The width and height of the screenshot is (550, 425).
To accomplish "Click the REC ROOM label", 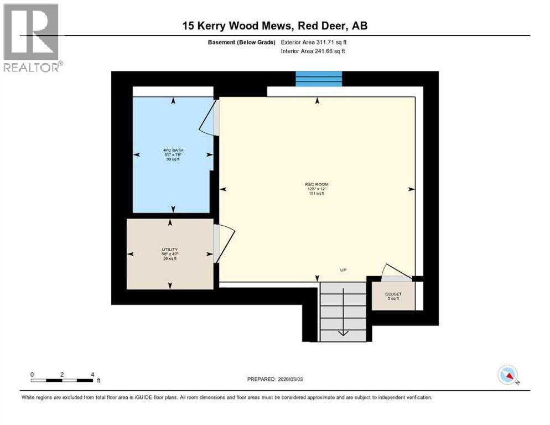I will [316, 184].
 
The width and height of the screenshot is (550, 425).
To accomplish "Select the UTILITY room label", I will [169, 250].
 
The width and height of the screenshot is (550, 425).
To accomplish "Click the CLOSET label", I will [393, 294].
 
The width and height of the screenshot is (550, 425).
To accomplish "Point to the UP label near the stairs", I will [344, 269].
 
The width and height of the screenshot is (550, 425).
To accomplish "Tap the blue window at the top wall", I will [318, 79].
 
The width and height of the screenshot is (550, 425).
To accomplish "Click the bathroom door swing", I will [208, 117].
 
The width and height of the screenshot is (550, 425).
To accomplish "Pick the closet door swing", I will [396, 271].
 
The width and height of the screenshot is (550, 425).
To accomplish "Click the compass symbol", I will [507, 375].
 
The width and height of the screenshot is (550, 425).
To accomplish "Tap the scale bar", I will [62, 380].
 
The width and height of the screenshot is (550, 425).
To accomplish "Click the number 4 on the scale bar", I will [92, 374].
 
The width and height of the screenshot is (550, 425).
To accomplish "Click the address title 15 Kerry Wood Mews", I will [274, 25].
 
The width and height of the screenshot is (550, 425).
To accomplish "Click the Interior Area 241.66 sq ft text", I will [314, 51].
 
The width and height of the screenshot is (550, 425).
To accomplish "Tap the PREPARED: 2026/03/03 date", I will [275, 379].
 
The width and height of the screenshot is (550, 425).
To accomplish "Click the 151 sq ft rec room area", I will [316, 194].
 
